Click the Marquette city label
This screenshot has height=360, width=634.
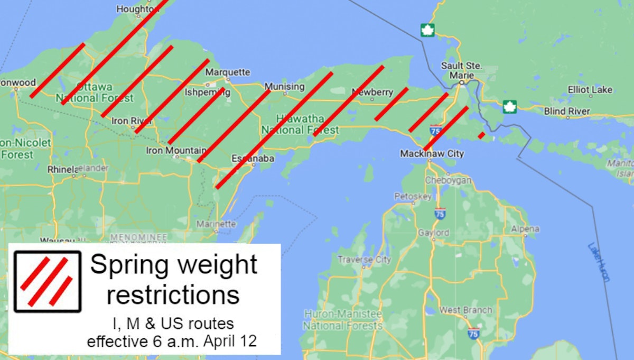(x=227, y=72)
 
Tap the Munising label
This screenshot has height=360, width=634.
(x=284, y=86)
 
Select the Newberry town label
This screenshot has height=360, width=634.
(x=372, y=93)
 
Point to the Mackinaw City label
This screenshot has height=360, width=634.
(x=432, y=154)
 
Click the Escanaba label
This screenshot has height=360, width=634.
(x=253, y=159)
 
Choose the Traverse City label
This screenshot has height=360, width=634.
(x=364, y=260)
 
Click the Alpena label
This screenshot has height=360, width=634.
(x=525, y=229)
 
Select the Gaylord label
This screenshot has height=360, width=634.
(x=433, y=233)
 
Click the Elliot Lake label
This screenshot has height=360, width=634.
(x=590, y=90)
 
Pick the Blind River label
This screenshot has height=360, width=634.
(x=567, y=112)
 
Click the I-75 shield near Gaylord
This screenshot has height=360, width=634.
(x=440, y=214)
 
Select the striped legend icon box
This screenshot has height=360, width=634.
(x=48, y=281)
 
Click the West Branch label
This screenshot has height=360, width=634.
(x=465, y=310)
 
